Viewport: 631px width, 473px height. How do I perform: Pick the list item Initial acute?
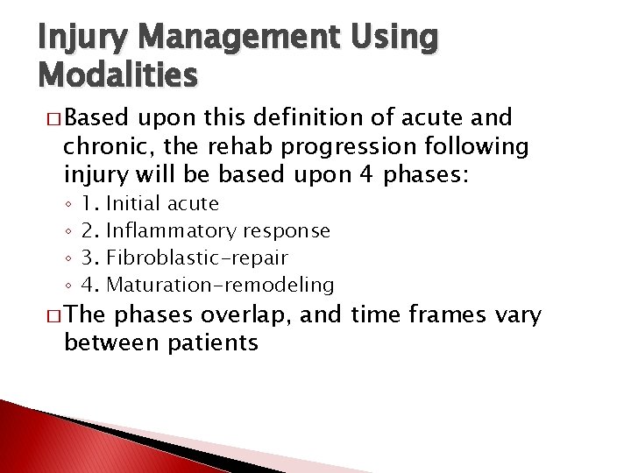click(175, 203)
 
